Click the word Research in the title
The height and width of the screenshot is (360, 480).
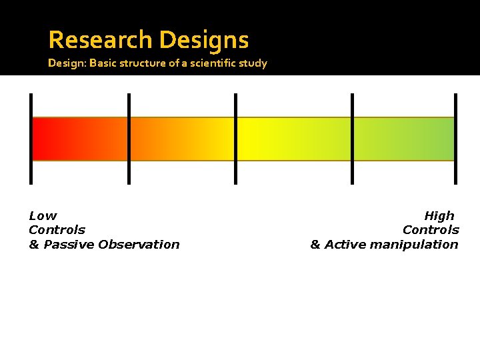[x=101, y=40]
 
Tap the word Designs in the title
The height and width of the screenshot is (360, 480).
[x=204, y=40]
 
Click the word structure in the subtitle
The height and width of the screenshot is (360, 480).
[x=141, y=63]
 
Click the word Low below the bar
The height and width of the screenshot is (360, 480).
[x=43, y=215]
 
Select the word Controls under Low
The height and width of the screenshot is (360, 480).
[x=57, y=230]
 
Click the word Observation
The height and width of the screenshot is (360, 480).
[x=139, y=244]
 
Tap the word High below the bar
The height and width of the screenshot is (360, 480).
[x=439, y=215]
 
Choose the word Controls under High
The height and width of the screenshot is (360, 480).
[x=431, y=230]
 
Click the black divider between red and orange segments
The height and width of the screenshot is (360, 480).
[x=129, y=139]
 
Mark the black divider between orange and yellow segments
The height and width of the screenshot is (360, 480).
[x=235, y=139]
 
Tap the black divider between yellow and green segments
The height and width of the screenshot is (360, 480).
[x=352, y=139]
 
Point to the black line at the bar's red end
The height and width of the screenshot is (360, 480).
[x=31, y=139]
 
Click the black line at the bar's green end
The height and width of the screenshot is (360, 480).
[x=456, y=139]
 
